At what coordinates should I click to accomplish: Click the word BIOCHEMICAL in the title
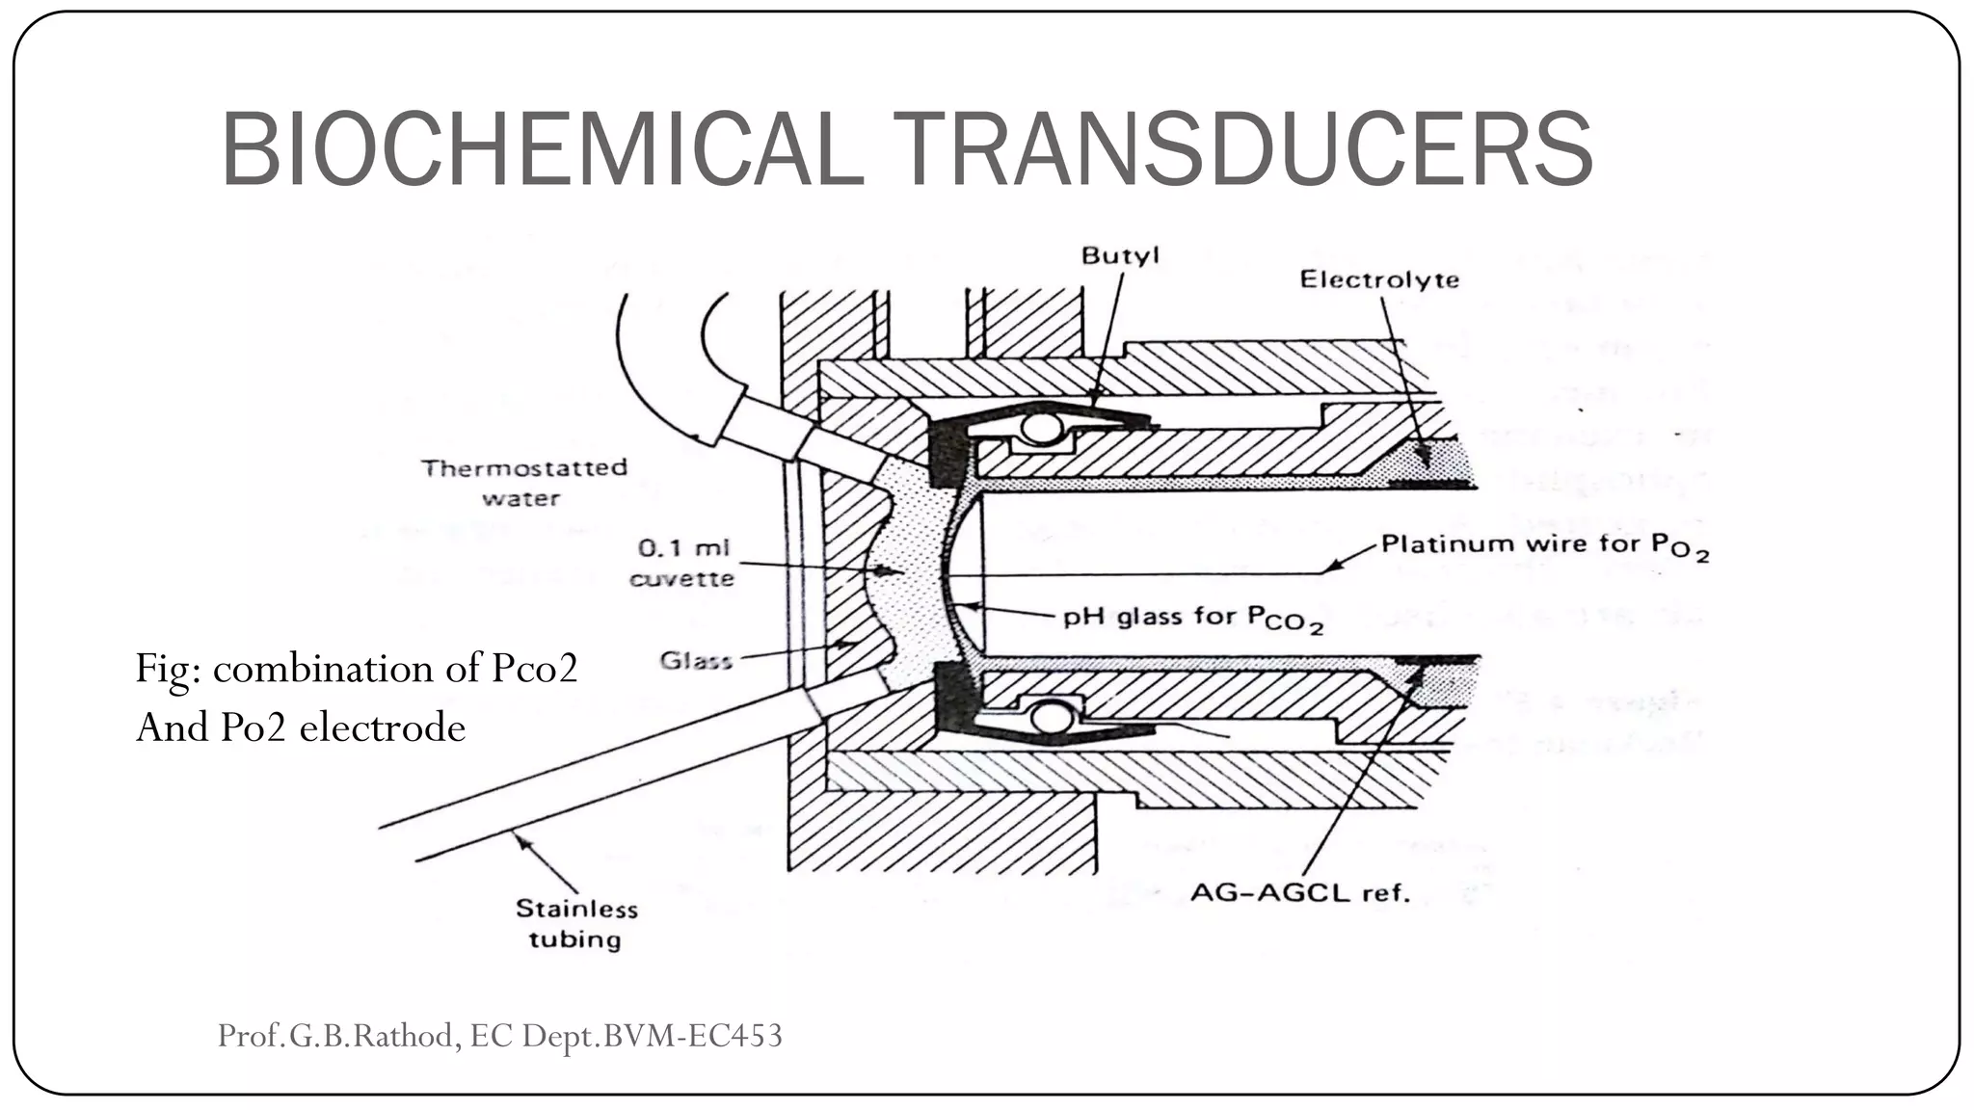coord(542,150)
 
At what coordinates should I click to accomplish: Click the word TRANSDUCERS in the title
coord(1242,150)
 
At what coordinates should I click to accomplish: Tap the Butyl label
coord(1119,256)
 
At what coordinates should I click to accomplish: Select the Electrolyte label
coord(1378,280)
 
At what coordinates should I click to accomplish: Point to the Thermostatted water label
coord(523,483)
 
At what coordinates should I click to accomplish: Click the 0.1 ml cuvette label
coord(682,563)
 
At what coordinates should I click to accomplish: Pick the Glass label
coord(696,661)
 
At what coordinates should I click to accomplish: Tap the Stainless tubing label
coord(575,923)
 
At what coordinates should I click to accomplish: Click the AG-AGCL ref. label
coord(1299,893)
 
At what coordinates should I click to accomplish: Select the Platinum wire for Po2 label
coord(1543,545)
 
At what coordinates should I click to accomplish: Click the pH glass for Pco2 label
coord(1191,618)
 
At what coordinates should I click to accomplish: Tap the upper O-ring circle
coord(1040,427)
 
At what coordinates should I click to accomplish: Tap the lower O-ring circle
coord(1052,717)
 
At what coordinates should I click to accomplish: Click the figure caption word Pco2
coord(534,669)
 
